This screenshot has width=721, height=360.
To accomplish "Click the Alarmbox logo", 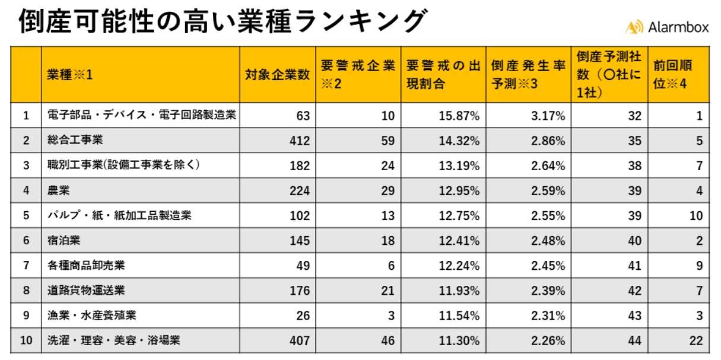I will click(667, 26).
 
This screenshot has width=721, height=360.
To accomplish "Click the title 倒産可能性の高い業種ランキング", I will click(223, 22).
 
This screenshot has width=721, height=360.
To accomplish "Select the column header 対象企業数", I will click(277, 75).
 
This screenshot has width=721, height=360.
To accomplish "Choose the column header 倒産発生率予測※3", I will click(528, 75).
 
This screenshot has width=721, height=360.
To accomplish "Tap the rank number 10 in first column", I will click(26, 340).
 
